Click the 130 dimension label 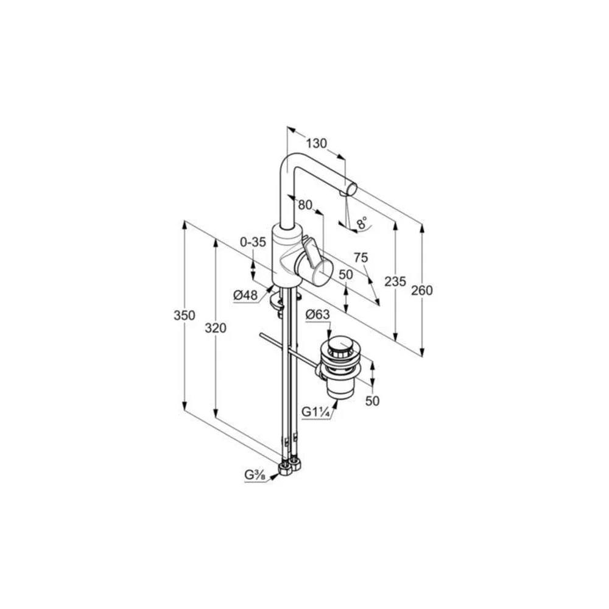[x=316, y=143]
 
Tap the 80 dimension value [x=305, y=205]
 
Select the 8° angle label [x=362, y=222]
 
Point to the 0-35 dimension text [x=253, y=242]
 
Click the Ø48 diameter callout [x=245, y=295]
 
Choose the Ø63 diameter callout [x=317, y=315]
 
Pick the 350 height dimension [x=184, y=315]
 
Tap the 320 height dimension [x=215, y=328]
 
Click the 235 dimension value [x=395, y=281]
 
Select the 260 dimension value [x=421, y=290]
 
